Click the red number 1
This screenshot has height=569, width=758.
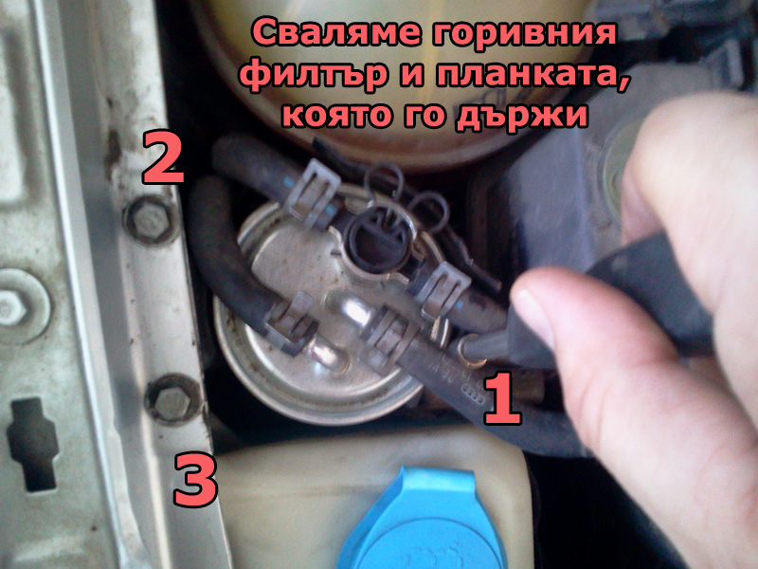(503, 398)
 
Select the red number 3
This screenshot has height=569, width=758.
(196, 479)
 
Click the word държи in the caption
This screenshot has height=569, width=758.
(522, 116)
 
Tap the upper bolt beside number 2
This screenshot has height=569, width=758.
(152, 220)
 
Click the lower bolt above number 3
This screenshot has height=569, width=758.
(173, 399)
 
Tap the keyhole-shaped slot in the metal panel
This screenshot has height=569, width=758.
(32, 444)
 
